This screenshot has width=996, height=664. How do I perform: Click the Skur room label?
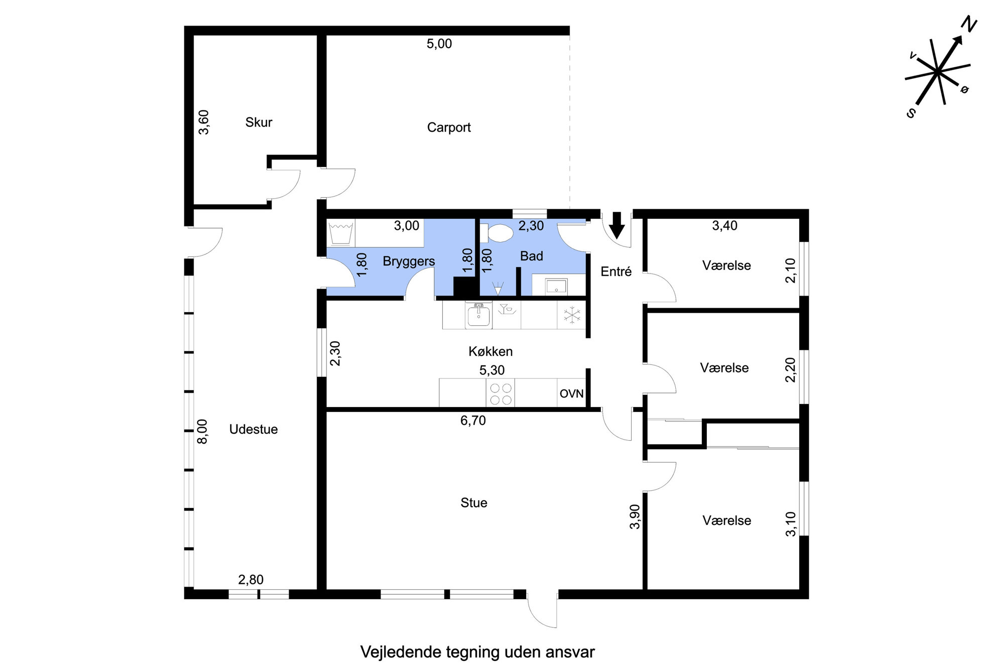[x=259, y=122]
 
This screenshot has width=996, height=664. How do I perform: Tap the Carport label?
[x=449, y=127]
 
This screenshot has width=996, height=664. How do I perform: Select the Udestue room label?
[x=254, y=429]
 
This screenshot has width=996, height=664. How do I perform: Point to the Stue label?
[x=474, y=503]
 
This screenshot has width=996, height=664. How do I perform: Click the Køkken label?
[x=490, y=351]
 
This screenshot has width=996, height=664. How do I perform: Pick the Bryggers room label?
[x=409, y=261]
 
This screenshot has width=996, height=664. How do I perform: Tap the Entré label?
[x=616, y=272]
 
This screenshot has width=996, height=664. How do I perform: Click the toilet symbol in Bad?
[x=497, y=233]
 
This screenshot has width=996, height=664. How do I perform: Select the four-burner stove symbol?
[x=501, y=393]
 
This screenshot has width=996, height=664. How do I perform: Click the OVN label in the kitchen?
[x=572, y=393]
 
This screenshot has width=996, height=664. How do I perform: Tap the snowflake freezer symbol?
[x=572, y=315]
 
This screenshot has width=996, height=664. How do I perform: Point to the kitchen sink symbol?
[x=478, y=316]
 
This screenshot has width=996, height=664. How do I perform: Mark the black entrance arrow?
[x=617, y=225]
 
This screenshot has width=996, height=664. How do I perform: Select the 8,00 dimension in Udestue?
[x=202, y=432]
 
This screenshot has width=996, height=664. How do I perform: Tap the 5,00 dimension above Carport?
[x=439, y=44]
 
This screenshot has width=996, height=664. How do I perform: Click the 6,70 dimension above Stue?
[x=473, y=421]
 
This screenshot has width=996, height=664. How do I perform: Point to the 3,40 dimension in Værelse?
[x=725, y=226]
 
